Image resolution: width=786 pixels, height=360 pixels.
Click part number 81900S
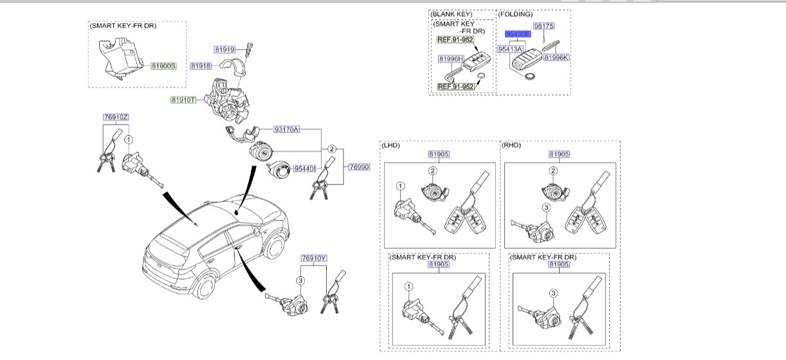[163, 66]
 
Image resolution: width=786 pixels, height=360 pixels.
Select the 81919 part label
[225, 49]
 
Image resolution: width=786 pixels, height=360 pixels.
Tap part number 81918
[201, 66]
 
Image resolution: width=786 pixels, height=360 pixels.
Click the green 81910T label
[183, 100]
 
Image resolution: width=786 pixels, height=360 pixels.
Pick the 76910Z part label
[116, 117]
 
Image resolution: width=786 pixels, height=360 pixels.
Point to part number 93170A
[286, 129]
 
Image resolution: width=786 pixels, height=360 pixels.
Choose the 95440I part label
[304, 168]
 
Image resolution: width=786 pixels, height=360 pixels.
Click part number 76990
[360, 166]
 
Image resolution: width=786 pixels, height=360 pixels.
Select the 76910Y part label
[315, 258]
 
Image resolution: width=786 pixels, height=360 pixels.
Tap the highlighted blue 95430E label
[517, 33]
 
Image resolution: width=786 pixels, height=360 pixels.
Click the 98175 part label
[544, 26]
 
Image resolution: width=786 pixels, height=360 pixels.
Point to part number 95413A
[510, 49]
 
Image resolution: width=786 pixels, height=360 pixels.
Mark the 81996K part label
[556, 58]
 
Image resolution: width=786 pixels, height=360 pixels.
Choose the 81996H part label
[450, 59]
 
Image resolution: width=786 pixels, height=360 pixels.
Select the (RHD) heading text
[511, 145]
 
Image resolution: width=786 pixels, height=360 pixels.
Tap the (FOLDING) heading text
[516, 14]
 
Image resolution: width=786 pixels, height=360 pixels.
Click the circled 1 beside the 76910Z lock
[129, 139]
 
